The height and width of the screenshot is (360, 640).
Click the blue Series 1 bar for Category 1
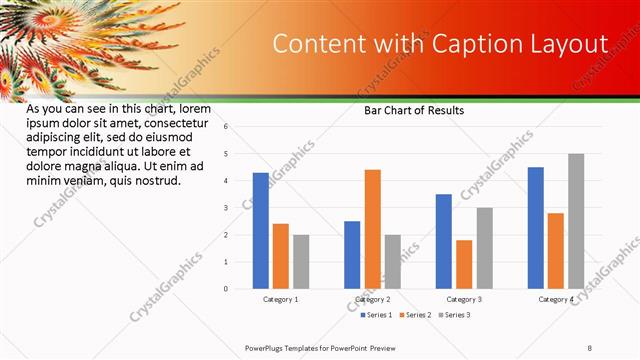(260, 231)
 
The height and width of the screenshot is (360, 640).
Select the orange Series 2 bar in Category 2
(372, 229)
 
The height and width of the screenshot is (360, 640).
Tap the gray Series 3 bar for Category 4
(575, 221)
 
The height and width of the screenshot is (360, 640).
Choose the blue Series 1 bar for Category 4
(535, 228)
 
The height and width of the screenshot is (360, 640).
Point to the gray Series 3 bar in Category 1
(301, 262)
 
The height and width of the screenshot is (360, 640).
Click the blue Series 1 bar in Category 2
(352, 255)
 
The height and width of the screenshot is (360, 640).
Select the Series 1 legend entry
(378, 315)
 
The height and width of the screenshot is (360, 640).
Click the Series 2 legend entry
(417, 315)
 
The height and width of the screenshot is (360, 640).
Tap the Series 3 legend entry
(455, 315)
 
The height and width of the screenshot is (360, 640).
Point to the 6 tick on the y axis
(226, 127)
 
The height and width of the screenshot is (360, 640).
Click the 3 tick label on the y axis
(226, 208)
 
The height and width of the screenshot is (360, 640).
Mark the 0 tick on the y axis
(226, 289)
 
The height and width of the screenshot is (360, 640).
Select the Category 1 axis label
(281, 299)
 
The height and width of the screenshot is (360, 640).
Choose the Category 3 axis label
(464, 299)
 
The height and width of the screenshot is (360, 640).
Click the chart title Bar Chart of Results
(413, 111)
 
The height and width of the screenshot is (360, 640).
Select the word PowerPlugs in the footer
(267, 347)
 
